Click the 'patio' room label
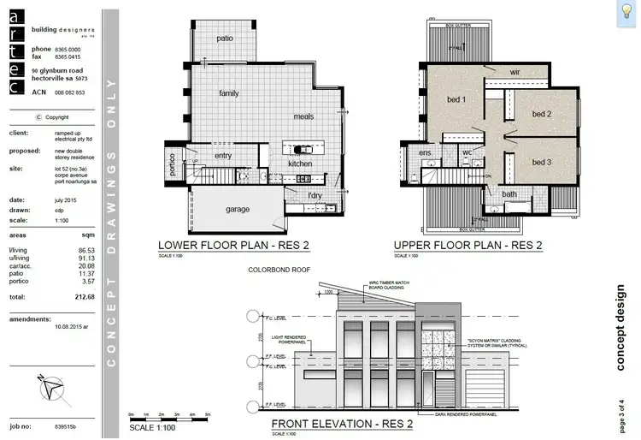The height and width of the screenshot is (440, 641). tap(225, 39)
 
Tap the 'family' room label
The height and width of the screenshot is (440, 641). tap(229, 93)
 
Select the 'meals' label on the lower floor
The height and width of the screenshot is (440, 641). tap(303, 116)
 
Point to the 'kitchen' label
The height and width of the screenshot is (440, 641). tap(300, 163)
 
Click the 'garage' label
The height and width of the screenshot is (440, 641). tap(238, 209)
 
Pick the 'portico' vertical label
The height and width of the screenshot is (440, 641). tap(172, 164)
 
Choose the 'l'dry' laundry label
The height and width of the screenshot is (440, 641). tap(315, 196)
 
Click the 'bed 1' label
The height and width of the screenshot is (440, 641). tap(456, 100)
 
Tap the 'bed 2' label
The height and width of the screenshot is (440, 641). tap(542, 114)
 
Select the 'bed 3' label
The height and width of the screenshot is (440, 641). tap(542, 162)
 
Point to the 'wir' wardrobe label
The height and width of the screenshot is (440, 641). tap(515, 73)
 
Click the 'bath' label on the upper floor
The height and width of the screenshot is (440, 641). tap(509, 194)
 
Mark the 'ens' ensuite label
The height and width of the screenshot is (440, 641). tap(425, 153)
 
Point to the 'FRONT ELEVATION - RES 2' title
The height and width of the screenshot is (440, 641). tap(342, 425)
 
